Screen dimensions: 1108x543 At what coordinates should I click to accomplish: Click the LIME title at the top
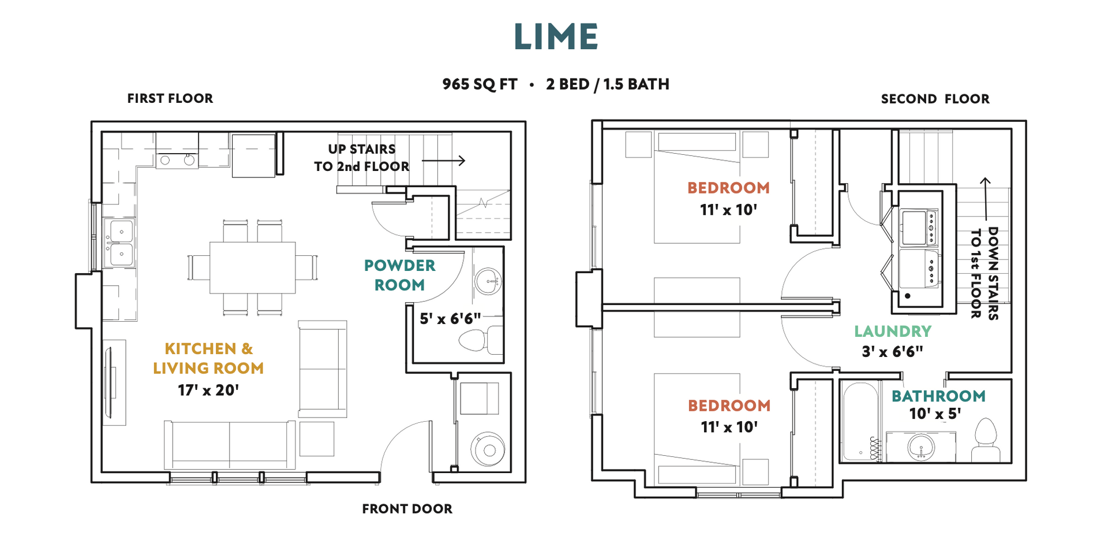(x=556, y=36)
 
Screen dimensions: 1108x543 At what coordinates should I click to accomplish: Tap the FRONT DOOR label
(x=407, y=509)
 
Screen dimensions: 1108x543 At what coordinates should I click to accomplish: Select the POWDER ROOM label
(x=399, y=275)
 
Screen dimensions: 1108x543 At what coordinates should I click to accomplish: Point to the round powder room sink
(x=488, y=281)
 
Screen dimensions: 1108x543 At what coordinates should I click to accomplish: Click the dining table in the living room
(x=253, y=267)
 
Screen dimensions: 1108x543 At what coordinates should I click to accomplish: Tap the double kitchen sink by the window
(x=119, y=243)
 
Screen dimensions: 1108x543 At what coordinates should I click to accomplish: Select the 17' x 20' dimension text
(x=208, y=390)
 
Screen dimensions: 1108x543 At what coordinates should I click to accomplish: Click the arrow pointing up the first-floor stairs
(x=444, y=160)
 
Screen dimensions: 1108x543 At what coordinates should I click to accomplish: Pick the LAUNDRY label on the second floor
(x=893, y=331)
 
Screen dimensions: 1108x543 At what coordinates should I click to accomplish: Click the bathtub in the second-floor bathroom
(x=860, y=421)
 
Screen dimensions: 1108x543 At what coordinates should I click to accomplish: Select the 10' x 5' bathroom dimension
(x=935, y=414)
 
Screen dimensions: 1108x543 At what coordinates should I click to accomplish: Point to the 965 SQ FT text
(x=480, y=84)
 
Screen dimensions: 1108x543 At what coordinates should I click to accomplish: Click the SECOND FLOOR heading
(x=935, y=99)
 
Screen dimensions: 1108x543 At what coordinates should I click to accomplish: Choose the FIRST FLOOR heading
(x=170, y=98)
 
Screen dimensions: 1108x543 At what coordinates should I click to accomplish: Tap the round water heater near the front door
(x=488, y=449)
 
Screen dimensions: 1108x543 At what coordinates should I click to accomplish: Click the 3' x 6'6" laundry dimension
(x=892, y=352)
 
